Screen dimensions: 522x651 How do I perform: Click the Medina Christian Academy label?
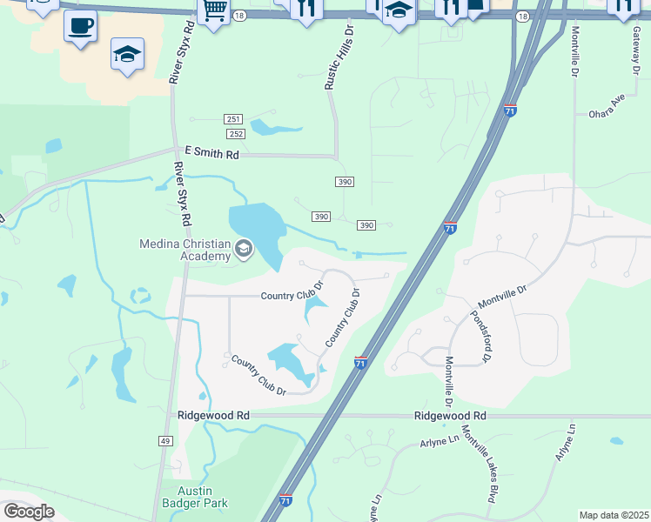click(185, 250)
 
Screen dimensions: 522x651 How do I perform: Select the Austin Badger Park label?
click(196, 497)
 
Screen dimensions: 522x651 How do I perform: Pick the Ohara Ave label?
click(607, 107)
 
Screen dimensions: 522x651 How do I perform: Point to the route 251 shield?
click(232, 119)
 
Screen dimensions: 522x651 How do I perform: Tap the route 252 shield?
click(236, 134)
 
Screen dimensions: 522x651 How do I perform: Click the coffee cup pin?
click(80, 27)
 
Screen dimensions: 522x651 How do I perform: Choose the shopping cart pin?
click(213, 11)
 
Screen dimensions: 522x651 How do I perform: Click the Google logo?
click(29, 512)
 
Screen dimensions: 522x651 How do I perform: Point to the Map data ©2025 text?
click(614, 515)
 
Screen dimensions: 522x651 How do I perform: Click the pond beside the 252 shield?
click(273, 129)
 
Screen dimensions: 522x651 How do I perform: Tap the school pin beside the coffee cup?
click(127, 55)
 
